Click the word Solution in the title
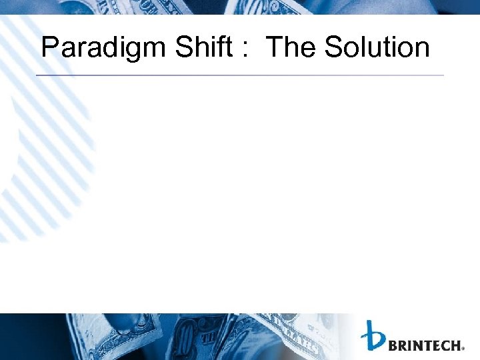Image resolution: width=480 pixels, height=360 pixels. tap(377, 47)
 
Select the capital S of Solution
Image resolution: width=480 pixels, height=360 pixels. tap(333, 47)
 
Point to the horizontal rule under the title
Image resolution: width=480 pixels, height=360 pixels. tap(239, 75)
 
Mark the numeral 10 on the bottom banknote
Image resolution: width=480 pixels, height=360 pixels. tap(185, 333)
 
